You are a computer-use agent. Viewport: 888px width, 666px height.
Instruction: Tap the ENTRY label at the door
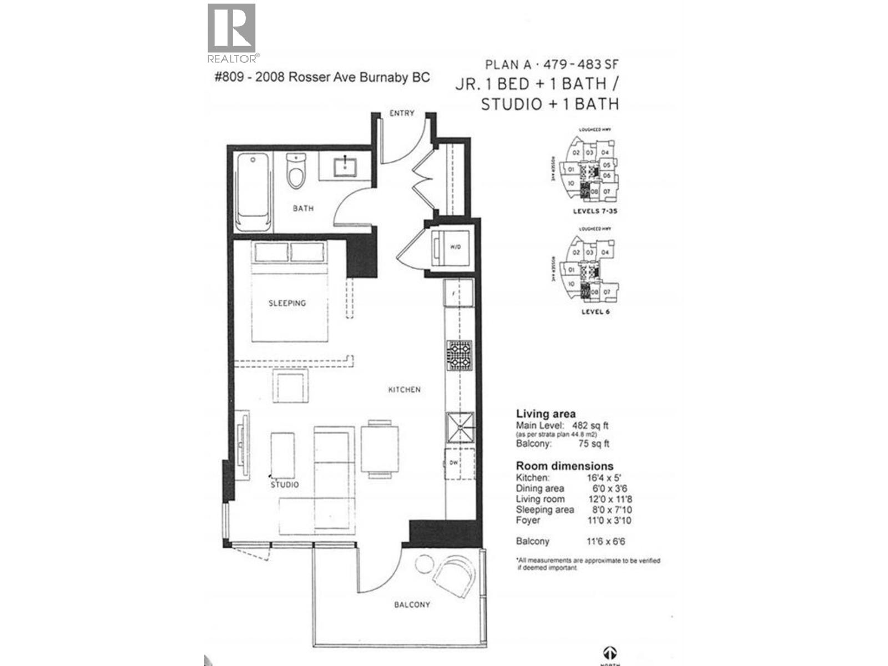pyautogui.click(x=402, y=113)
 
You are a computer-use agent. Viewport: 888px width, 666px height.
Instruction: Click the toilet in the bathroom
pyautogui.click(x=296, y=170)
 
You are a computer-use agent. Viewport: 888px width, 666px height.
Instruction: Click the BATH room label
pyautogui.click(x=303, y=208)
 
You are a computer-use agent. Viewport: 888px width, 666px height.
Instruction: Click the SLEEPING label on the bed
pyautogui.click(x=287, y=303)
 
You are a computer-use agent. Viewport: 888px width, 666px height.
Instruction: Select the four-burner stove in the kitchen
pyautogui.click(x=460, y=356)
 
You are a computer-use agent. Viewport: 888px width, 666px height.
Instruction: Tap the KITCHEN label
pyautogui.click(x=404, y=390)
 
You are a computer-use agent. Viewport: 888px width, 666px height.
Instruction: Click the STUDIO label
pyautogui.click(x=285, y=485)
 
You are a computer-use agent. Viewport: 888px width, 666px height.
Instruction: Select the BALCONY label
pyautogui.click(x=412, y=604)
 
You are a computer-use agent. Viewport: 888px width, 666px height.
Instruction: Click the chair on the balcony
pyautogui.click(x=452, y=577)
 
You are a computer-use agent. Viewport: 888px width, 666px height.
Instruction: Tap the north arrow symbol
pyautogui.click(x=609, y=653)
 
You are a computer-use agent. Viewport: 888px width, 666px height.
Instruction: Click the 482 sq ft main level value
pyautogui.click(x=590, y=426)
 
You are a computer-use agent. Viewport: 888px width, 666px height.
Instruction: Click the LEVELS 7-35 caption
pyautogui.click(x=595, y=211)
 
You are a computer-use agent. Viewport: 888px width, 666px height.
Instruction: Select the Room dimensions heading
pyautogui.click(x=564, y=466)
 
